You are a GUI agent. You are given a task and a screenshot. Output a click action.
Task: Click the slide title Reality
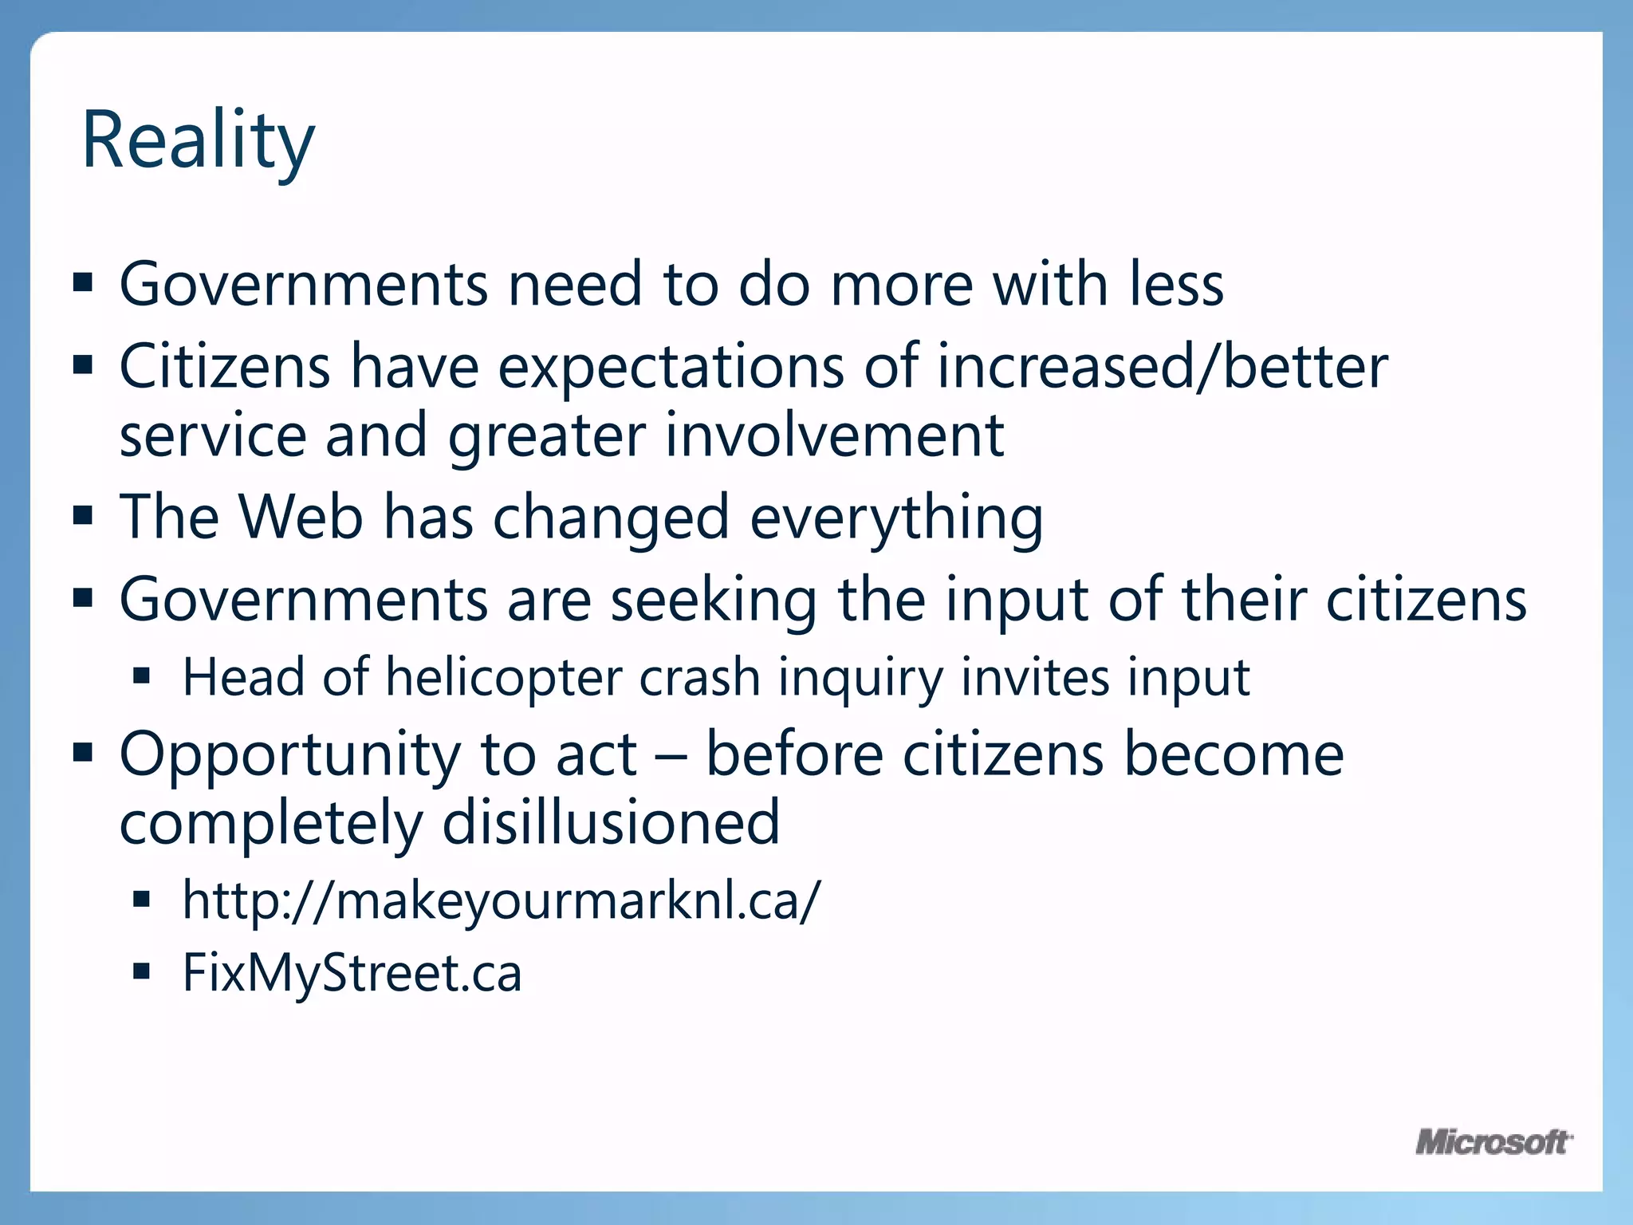198,142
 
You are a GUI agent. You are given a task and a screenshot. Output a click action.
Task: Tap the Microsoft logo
1493,1142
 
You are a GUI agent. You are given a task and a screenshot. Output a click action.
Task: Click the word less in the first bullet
1176,285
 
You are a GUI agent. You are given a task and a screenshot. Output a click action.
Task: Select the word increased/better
1163,367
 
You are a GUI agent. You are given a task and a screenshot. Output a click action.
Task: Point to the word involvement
834,436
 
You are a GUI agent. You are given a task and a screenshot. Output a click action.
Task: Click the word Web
301,518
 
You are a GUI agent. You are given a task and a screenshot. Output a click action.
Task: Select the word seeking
714,601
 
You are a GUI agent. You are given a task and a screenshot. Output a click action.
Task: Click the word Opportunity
289,755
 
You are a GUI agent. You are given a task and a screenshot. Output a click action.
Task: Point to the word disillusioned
611,823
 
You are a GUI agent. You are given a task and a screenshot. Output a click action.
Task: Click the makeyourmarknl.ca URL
501,900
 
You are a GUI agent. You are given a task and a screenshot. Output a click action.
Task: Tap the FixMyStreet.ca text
352,973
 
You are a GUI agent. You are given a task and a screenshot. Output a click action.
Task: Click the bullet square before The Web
83,515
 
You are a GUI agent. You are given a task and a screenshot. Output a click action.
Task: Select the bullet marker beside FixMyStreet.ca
142,971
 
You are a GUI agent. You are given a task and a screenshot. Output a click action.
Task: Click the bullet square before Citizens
83,365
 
